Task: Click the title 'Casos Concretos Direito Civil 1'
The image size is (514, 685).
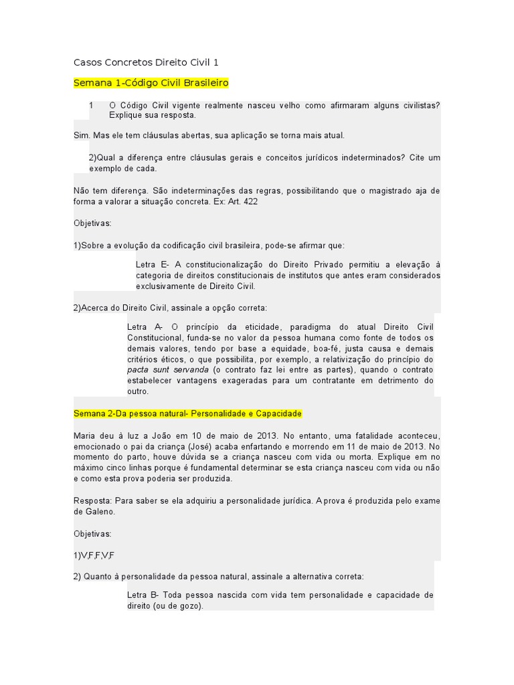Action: [146, 63]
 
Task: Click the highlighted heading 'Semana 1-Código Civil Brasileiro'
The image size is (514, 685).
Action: [151, 83]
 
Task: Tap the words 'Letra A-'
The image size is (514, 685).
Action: [145, 327]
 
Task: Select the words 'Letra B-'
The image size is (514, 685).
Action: [145, 595]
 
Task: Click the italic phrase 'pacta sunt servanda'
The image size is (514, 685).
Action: [167, 370]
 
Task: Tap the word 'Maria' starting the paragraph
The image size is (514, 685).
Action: [84, 435]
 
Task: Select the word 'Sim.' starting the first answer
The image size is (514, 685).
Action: [81, 135]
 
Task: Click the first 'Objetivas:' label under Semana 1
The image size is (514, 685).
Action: [92, 223]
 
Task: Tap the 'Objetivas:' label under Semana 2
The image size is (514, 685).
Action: [92, 534]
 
